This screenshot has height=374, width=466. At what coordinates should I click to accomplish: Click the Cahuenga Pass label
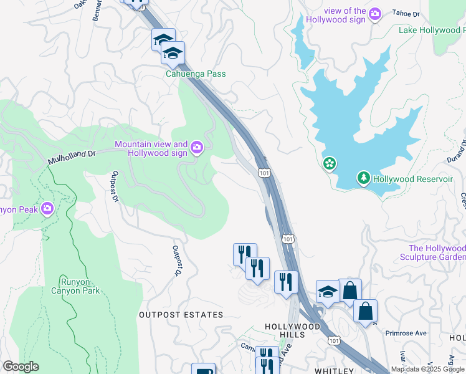(x=195, y=74)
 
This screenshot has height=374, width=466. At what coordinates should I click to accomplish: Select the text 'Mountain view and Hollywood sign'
(x=151, y=148)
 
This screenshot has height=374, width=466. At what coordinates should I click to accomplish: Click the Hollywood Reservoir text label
(x=413, y=179)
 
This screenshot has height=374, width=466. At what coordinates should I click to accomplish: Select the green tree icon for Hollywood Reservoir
(x=363, y=179)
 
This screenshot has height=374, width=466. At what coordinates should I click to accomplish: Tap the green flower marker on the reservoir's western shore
(x=329, y=164)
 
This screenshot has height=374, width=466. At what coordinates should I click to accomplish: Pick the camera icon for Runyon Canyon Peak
(x=47, y=209)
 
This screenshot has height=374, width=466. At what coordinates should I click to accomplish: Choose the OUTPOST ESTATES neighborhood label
(x=181, y=315)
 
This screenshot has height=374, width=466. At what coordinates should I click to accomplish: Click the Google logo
(x=20, y=367)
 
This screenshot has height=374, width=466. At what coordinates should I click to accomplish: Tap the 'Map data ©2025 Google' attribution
(x=427, y=369)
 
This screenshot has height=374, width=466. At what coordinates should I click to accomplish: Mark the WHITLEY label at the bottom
(x=334, y=370)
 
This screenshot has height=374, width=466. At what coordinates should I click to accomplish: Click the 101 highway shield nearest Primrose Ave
(x=334, y=340)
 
